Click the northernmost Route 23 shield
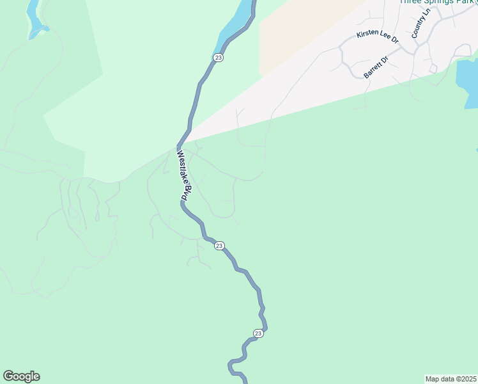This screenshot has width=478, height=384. point(219,58)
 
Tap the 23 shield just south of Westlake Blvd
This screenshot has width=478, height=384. point(219,246)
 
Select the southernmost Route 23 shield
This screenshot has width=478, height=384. point(258,333)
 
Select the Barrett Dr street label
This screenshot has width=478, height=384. point(376,67)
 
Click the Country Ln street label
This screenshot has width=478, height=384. point(422,24)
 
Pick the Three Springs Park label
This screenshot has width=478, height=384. point(435,2)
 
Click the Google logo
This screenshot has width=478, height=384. point(21,376)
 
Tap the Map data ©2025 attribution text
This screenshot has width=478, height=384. point(451,379)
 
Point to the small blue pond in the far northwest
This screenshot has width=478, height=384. point(34,22)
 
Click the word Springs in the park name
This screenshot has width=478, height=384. point(435,2)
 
